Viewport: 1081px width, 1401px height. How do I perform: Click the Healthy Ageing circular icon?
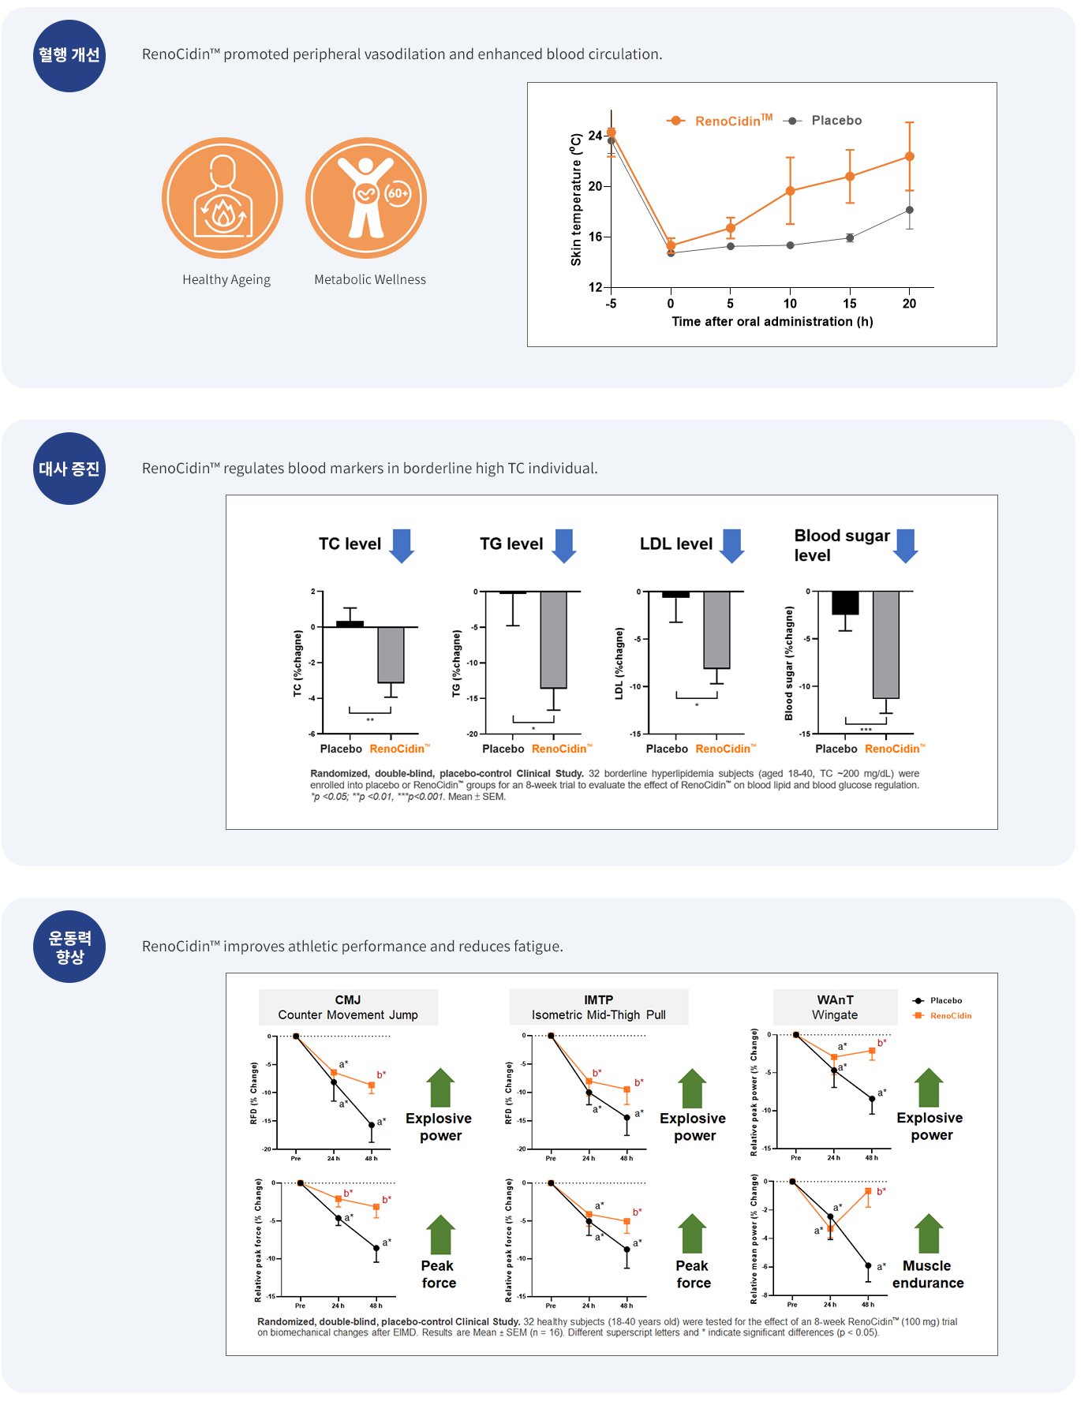click(223, 198)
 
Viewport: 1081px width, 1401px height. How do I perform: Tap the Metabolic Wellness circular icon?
click(366, 198)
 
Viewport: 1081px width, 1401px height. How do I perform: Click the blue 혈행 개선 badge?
click(69, 55)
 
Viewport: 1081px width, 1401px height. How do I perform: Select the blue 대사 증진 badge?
click(69, 469)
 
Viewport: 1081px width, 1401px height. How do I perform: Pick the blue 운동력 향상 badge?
click(69, 947)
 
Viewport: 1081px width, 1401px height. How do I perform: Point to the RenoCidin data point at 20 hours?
click(910, 156)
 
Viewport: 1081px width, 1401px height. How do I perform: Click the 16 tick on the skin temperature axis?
click(595, 237)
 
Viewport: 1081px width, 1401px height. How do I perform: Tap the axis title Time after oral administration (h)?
click(772, 322)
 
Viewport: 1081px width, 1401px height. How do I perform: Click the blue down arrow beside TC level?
click(402, 545)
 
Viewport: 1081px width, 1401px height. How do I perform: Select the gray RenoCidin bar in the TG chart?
click(553, 640)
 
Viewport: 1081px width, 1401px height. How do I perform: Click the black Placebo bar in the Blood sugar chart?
click(845, 603)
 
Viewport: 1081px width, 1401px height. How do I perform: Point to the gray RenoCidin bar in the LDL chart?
click(716, 630)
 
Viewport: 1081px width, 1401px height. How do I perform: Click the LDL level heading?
click(675, 544)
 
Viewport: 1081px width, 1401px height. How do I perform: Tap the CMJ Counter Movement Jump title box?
click(348, 1007)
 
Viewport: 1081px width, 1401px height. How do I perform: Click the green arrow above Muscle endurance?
click(929, 1233)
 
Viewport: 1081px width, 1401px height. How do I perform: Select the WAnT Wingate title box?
click(835, 1007)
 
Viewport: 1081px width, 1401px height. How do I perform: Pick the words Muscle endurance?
click(928, 1274)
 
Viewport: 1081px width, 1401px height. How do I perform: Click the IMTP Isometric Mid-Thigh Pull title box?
click(598, 1007)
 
